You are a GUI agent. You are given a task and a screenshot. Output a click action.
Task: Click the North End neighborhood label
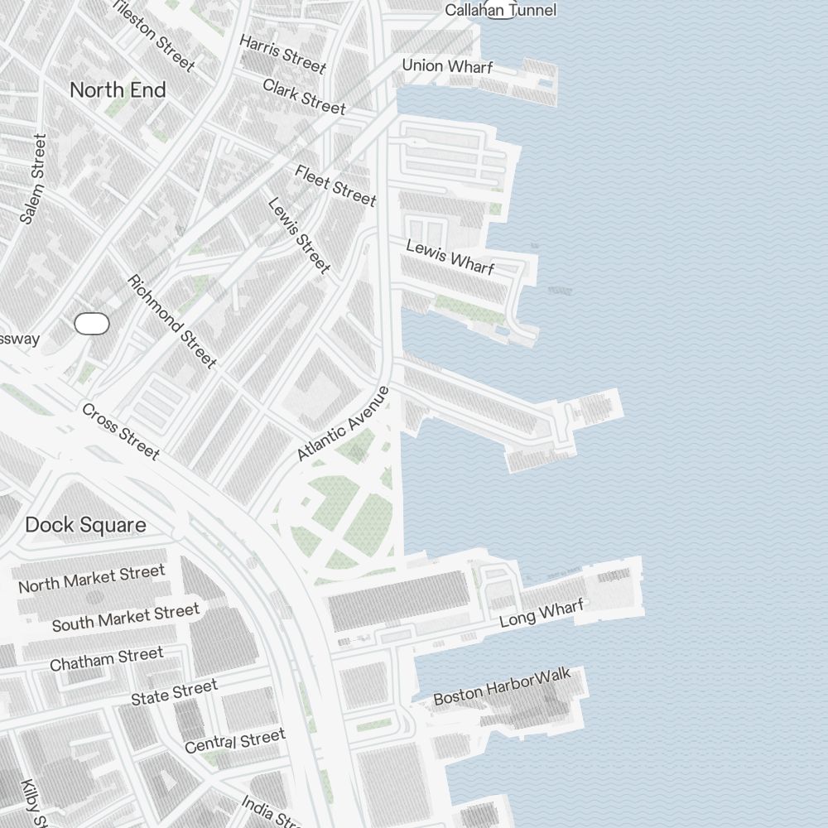[x=118, y=90]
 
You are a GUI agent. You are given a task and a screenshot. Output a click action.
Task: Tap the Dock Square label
[x=85, y=525]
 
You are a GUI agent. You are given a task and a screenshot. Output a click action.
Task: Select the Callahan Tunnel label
[x=500, y=10]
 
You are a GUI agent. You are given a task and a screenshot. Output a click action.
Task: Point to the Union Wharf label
[x=447, y=65]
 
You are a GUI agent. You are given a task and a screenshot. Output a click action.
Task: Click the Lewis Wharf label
[x=450, y=257]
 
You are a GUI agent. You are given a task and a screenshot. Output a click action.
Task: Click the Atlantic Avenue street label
[x=343, y=423]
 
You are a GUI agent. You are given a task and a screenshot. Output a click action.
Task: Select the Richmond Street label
[x=172, y=321]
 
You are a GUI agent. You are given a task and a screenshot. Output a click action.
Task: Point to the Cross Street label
[x=121, y=431]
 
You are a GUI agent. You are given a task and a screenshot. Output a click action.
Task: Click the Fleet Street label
[x=335, y=185]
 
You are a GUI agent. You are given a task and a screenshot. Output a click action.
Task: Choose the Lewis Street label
[x=299, y=235]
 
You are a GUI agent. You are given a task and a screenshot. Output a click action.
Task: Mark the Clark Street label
[x=304, y=96]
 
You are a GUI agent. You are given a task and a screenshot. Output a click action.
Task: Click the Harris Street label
[x=282, y=54]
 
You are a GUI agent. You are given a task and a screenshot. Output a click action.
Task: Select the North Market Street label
[x=92, y=579]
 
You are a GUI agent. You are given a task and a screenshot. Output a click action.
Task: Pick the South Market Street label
[x=126, y=618]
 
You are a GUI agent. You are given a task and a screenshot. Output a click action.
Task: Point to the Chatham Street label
[x=107, y=659]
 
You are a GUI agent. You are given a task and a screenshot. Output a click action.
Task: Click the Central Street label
[x=235, y=740]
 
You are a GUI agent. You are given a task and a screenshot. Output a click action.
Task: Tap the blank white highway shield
[x=92, y=324]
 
